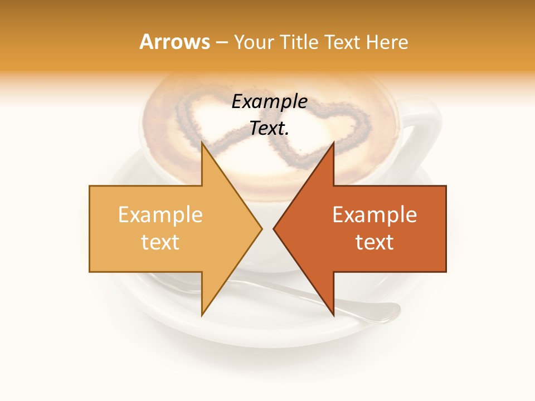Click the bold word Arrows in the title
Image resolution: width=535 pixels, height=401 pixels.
click(x=175, y=42)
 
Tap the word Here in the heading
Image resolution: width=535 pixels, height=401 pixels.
click(x=387, y=42)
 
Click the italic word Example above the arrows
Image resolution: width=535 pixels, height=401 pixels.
click(x=270, y=101)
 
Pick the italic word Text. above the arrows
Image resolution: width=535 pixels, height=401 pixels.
click(x=270, y=128)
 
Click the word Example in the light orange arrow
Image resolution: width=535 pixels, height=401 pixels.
click(x=160, y=214)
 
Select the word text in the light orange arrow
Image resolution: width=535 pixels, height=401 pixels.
click(x=160, y=242)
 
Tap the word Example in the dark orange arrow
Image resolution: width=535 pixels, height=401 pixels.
click(x=374, y=214)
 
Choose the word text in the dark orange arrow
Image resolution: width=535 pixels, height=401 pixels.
click(x=374, y=242)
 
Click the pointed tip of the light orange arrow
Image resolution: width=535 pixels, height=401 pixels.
click(x=261, y=228)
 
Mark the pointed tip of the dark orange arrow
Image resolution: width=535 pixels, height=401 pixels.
click(x=274, y=228)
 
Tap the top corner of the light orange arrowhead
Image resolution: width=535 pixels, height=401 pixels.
click(x=201, y=143)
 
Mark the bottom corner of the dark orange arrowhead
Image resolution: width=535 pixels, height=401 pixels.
click(x=334, y=315)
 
